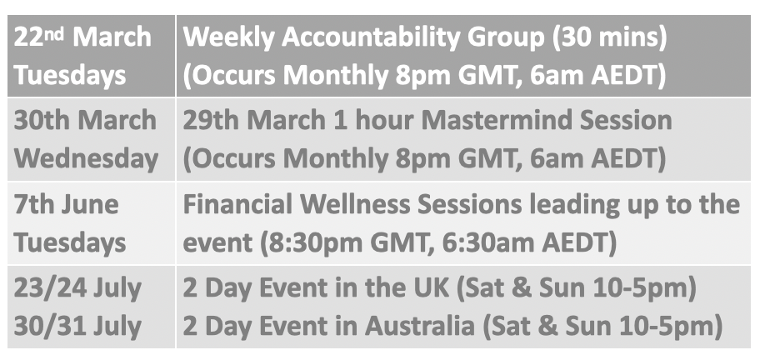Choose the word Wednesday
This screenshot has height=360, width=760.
tap(86, 158)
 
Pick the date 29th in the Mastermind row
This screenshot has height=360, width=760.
tap(211, 120)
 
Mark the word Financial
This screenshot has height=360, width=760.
tap(237, 204)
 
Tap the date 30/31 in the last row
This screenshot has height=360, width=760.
tap(49, 326)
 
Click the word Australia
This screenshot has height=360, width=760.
tap(420, 326)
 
